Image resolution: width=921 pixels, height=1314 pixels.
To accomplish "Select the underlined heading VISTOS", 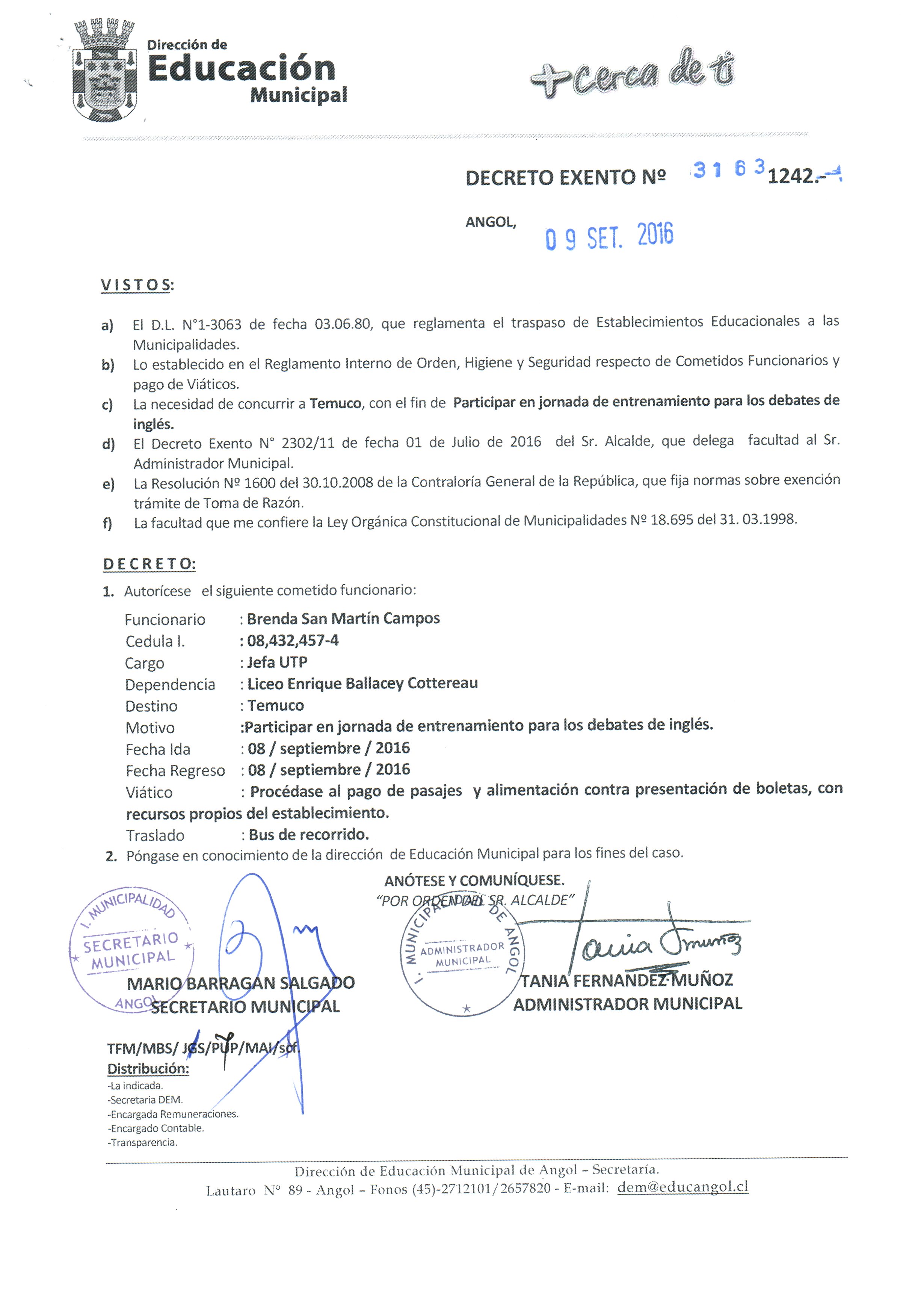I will [x=136, y=285].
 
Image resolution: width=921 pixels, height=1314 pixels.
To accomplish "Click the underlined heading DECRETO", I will [x=149, y=564].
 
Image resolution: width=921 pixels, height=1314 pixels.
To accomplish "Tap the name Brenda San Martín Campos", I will [x=343, y=619].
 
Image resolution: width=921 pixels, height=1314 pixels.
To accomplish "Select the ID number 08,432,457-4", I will [x=293, y=640].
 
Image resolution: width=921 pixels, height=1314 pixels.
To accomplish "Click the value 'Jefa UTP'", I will [x=277, y=662].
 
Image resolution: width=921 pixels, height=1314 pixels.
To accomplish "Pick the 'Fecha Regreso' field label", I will [x=175, y=771].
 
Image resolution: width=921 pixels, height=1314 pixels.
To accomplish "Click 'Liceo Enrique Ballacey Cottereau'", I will [x=362, y=683].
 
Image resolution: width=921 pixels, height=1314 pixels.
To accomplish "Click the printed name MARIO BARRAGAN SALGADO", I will [x=240, y=983].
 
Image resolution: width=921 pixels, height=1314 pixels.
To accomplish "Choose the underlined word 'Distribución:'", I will [x=148, y=1068].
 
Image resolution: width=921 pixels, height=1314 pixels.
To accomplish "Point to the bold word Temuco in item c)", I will [x=335, y=403].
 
